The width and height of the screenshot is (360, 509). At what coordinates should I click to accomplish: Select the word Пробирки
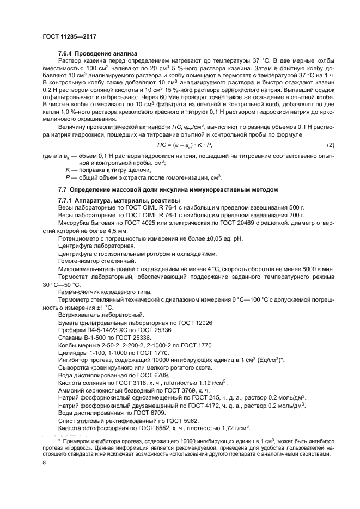72,330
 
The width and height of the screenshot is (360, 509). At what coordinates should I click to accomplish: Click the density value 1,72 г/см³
233,428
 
